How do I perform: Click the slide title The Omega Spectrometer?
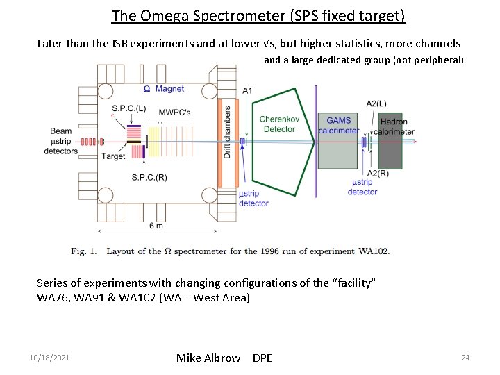(x=258, y=15)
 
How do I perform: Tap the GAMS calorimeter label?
(x=339, y=125)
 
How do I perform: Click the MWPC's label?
(x=174, y=112)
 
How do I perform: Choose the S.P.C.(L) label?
(x=128, y=108)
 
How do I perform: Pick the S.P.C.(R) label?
(x=149, y=178)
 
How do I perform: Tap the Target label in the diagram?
(x=113, y=156)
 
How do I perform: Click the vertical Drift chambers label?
(x=227, y=132)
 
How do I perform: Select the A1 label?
(x=248, y=91)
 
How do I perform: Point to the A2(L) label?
(x=376, y=103)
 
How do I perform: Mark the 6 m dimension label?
(x=156, y=226)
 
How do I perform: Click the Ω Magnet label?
(x=163, y=89)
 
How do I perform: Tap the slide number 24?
(x=465, y=358)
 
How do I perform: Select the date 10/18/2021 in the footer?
(x=49, y=358)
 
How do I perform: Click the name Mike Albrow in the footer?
(x=208, y=358)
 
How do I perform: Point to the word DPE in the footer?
(x=262, y=358)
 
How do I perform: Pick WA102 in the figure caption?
(x=374, y=251)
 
